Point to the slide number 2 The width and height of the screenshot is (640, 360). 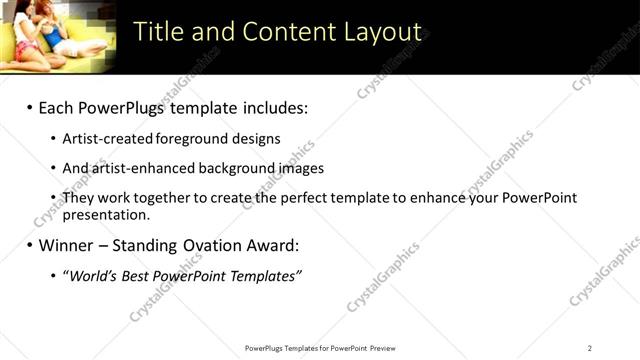pos(589,347)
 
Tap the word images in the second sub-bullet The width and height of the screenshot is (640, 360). pos(301,168)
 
